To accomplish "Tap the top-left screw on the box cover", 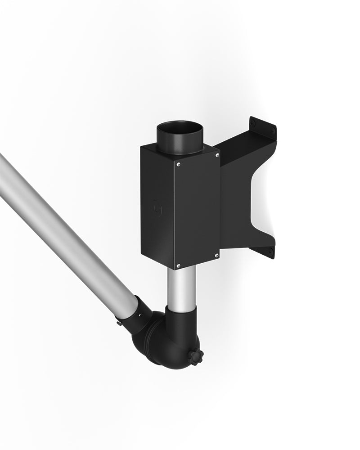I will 179,164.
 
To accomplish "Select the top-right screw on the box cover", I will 217,155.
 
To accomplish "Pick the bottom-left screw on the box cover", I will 178,265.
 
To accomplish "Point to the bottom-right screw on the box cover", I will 217,256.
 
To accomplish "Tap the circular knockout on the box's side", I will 156,208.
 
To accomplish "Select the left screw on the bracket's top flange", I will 253,123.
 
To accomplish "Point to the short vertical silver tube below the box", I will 182,288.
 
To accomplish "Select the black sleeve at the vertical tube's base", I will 181,315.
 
